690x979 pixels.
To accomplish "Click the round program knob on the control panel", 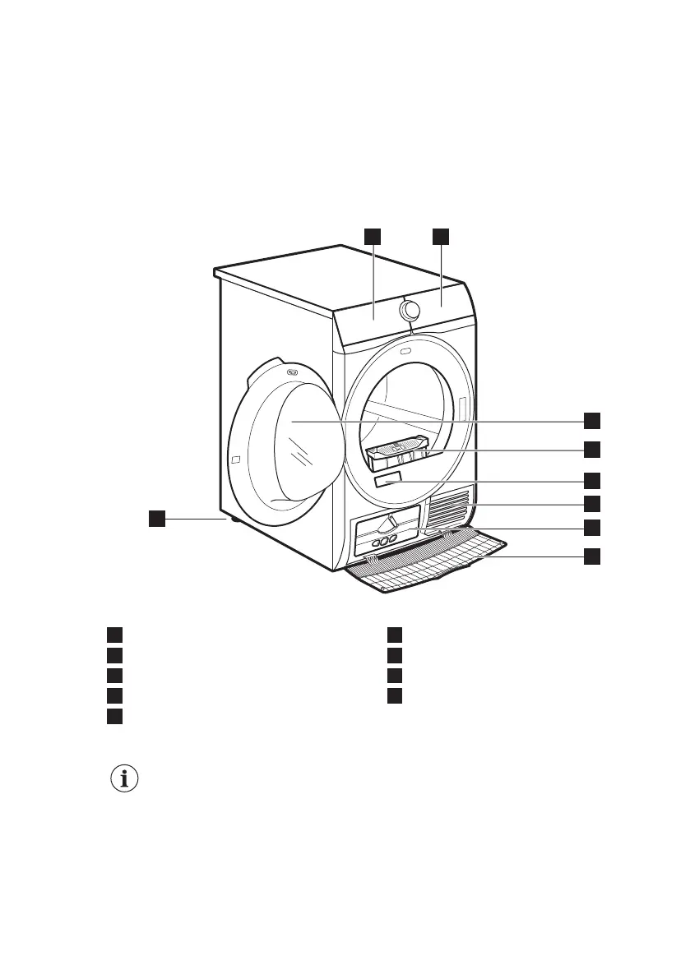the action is tap(409, 310).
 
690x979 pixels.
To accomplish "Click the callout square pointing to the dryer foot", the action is tap(156, 518).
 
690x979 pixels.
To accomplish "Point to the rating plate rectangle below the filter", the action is tap(388, 480).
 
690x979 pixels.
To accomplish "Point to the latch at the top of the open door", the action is tap(291, 372).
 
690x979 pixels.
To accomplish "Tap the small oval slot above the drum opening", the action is tap(405, 353).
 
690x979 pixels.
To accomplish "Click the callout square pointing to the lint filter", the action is tap(591, 450).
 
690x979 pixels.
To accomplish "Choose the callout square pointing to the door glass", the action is tap(591, 421).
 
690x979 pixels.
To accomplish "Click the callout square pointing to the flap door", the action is tap(591, 556).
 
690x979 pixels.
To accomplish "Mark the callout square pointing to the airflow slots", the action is tap(591, 502).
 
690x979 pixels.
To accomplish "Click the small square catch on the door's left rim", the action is tap(236, 458).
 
